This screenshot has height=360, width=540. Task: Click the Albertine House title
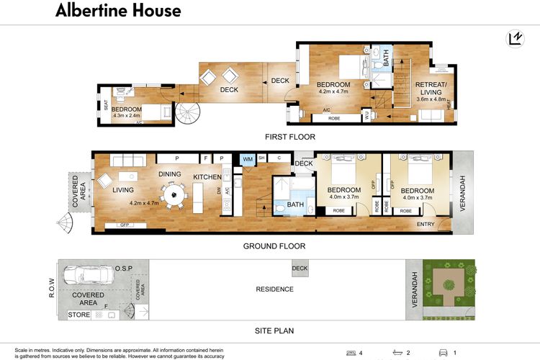118,11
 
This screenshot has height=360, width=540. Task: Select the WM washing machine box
248,158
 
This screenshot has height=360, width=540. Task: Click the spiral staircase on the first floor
191,112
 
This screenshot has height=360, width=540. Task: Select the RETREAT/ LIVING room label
431,88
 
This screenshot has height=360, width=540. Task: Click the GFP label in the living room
124,226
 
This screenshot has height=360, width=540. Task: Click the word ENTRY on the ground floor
426,225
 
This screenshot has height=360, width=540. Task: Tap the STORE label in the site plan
79,315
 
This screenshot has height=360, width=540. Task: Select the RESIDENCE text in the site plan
275,289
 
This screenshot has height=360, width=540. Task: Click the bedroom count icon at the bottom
351,353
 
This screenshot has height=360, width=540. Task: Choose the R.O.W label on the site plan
51,289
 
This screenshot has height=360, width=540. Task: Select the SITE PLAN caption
275,331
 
